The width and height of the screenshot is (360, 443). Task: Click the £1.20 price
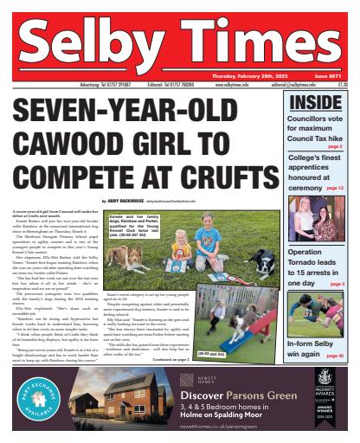pyautogui.click(x=343, y=86)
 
